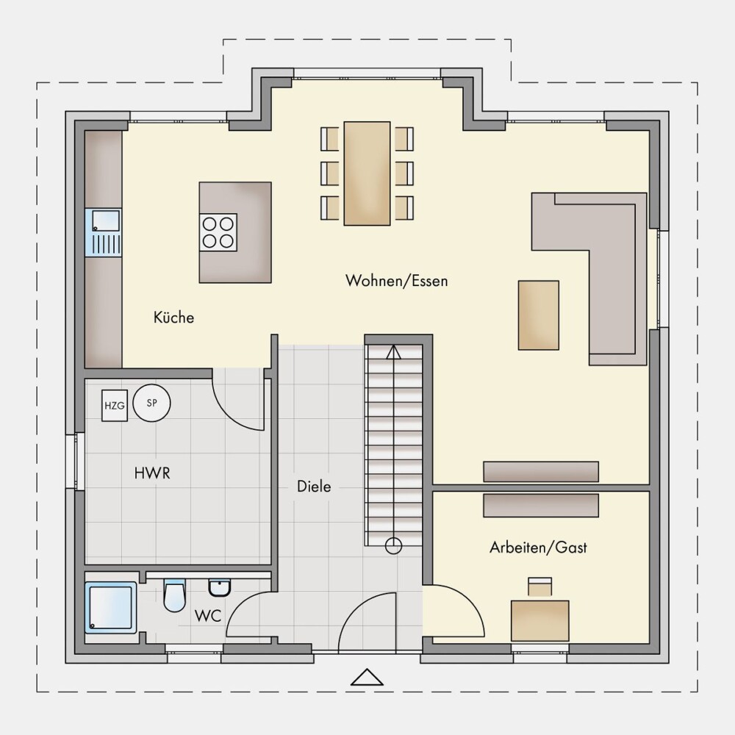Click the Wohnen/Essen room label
coord(397,281)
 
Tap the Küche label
coord(173,318)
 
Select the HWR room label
coord(152,473)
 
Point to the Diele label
coord(314,486)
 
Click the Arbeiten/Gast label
coord(538,547)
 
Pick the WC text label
coord(208,615)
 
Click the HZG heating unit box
coord(115,406)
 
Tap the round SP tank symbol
coord(151,403)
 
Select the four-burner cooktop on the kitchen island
coord(218,232)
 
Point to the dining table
coord(367,173)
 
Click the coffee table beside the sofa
coord(539,315)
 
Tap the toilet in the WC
coord(174,595)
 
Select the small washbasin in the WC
coord(219,587)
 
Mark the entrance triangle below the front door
coord(367,677)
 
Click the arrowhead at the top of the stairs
coord(394,352)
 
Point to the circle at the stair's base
coord(393,545)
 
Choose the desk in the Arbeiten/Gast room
coord(540,620)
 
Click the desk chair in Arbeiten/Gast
coord(540,587)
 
